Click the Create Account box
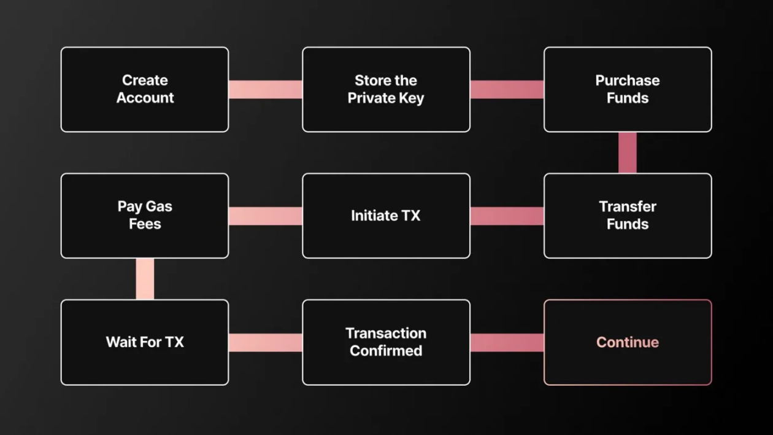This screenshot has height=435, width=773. tap(145, 90)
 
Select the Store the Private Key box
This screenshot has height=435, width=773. tap(386, 90)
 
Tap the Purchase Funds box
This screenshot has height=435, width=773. tap(628, 90)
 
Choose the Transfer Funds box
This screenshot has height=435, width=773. tap(628, 216)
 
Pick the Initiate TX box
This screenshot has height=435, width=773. tap(386, 216)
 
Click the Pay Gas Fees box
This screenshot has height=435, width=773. tap(145, 216)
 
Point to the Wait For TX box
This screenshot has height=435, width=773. tap(145, 342)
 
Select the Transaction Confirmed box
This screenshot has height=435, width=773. tap(386, 342)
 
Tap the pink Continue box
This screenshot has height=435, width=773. tap(628, 342)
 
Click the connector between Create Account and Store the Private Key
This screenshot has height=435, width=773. tap(266, 90)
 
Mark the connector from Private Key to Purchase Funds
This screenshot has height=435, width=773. tap(507, 90)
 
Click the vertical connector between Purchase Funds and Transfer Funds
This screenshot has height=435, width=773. tap(628, 153)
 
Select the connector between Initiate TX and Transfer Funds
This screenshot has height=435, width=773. tap(507, 216)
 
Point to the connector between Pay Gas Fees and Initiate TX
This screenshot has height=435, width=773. tap(266, 216)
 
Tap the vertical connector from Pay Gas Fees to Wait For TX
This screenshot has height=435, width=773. tap(145, 279)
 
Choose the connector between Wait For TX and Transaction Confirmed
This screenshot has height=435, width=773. tap(266, 343)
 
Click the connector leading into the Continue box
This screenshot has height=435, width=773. tap(507, 343)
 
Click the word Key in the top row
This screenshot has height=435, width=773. tap(411, 98)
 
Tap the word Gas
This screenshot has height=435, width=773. tap(159, 206)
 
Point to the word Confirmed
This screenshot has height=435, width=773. tap(386, 351)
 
